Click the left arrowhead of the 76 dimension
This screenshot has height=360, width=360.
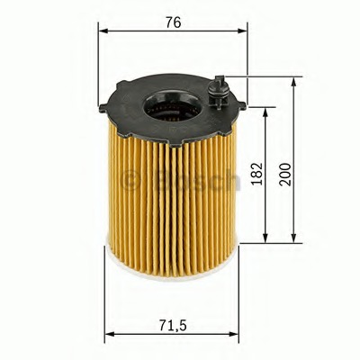(x=102, y=31)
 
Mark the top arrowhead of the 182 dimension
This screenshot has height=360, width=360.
(x=265, y=112)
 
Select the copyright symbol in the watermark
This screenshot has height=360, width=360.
(x=130, y=180)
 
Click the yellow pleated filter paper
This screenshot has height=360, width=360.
(x=171, y=207)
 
